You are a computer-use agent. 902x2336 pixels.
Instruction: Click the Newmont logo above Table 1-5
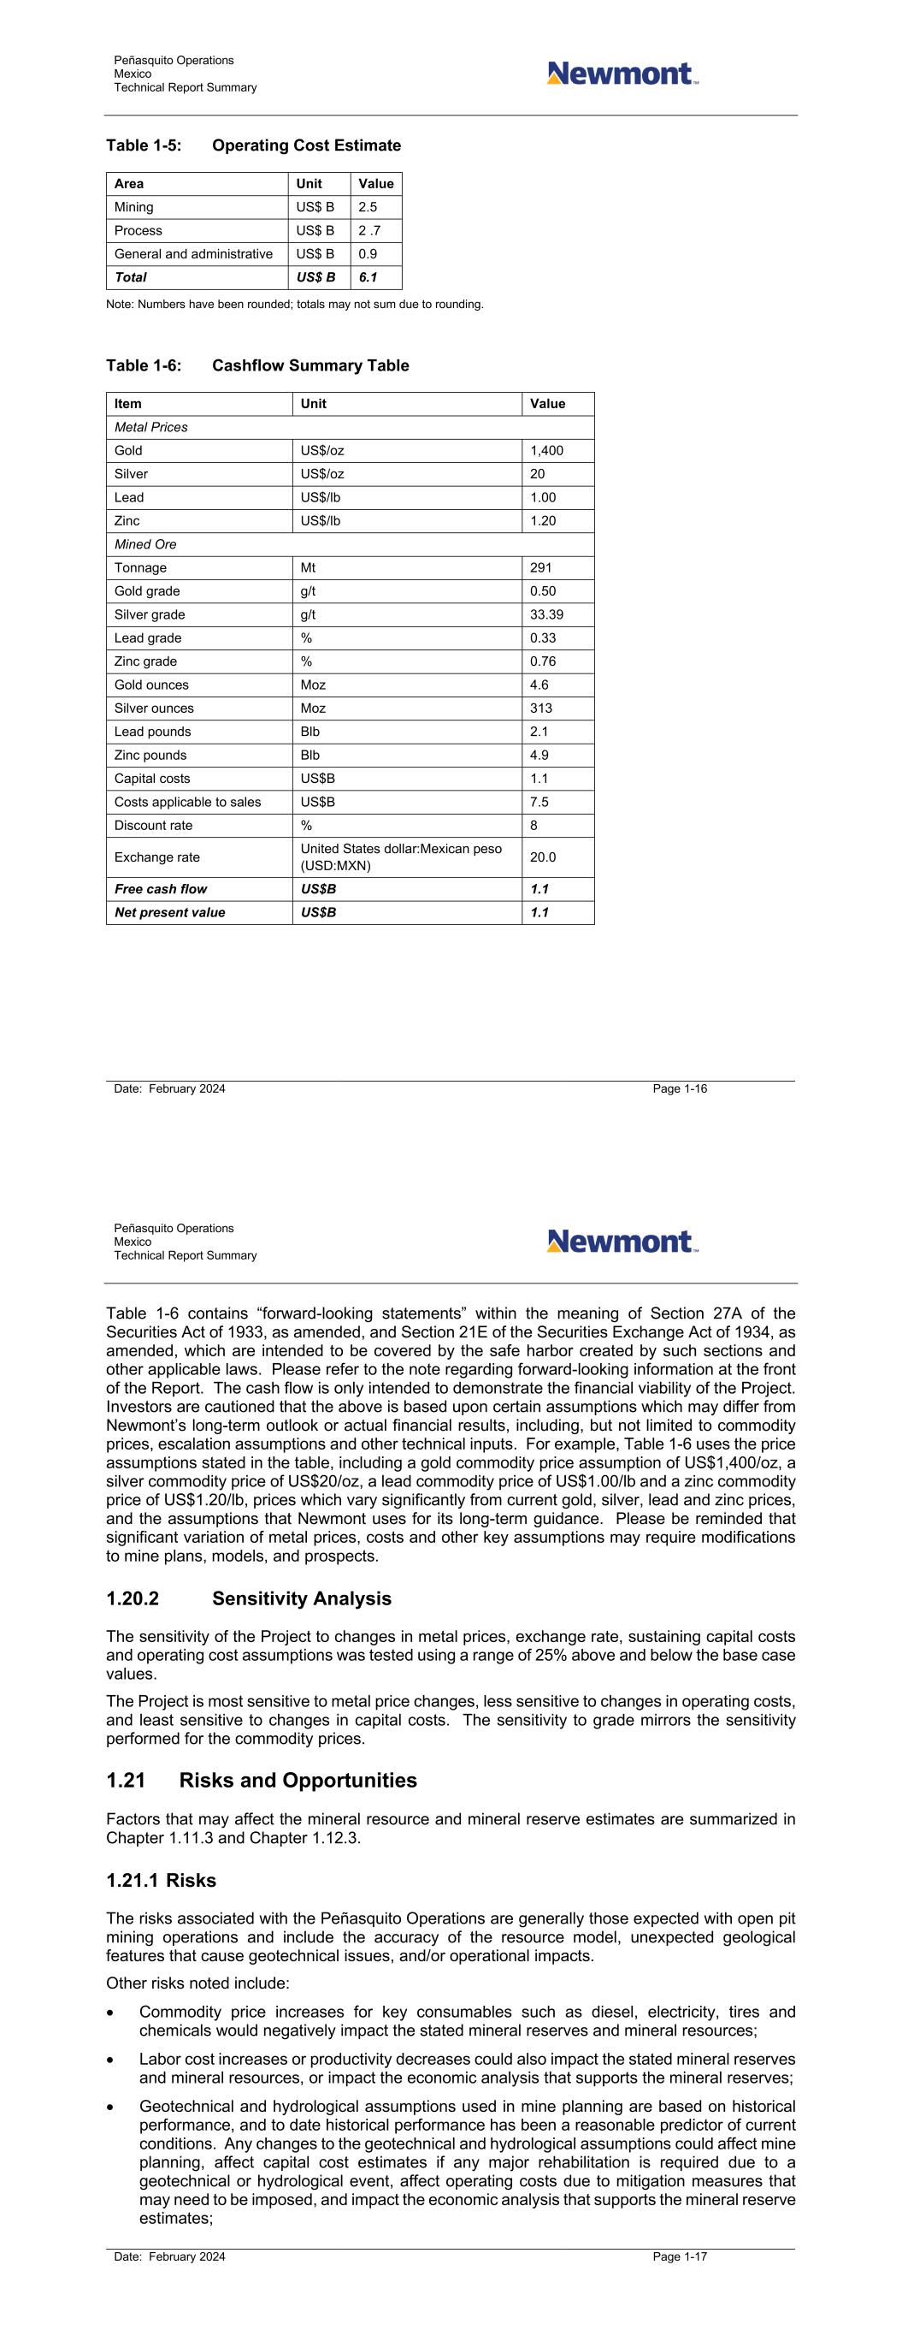[x=622, y=74]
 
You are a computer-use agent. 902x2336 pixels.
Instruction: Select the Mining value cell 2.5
[x=368, y=208]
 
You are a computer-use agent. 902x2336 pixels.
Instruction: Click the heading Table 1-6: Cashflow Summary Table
[x=257, y=365]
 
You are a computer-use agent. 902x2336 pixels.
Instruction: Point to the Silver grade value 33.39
[x=546, y=615]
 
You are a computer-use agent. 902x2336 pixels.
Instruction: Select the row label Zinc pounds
[x=150, y=756]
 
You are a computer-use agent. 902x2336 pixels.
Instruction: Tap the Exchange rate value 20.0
[x=543, y=857]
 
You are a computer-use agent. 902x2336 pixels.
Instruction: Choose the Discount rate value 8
[x=534, y=825]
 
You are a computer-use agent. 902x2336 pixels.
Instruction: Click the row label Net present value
[x=169, y=912]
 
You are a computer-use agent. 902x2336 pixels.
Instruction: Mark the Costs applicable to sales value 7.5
[x=539, y=802]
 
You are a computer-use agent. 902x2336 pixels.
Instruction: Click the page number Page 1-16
[x=680, y=1089]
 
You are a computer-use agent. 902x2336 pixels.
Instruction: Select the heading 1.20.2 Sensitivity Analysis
[x=249, y=1598]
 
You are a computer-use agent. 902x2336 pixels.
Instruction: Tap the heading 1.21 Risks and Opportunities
[x=261, y=1780]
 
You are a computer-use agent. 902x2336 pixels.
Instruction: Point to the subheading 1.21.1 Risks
[x=162, y=1881]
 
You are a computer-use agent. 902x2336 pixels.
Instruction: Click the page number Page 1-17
[x=680, y=2257]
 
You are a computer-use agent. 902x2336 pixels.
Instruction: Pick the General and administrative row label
[x=193, y=254]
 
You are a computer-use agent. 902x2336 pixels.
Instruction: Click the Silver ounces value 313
[x=541, y=709]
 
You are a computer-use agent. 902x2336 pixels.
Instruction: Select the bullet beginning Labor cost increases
[x=467, y=2068]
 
